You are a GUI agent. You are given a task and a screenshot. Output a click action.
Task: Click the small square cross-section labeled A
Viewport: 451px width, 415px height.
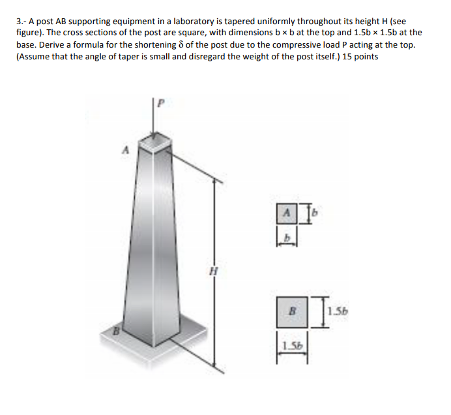pyautogui.click(x=284, y=212)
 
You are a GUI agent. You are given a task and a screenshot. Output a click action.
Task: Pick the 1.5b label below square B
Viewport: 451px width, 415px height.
pyautogui.click(x=289, y=345)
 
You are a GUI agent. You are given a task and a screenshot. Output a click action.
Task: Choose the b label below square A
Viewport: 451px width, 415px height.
pyautogui.click(x=284, y=239)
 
